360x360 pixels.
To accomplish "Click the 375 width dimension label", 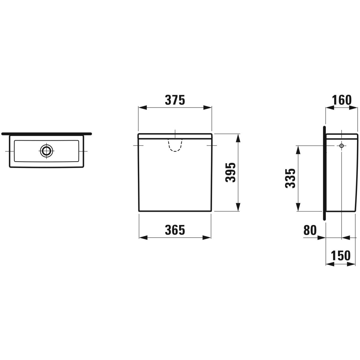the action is point(175,100).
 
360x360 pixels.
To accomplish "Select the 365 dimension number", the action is point(175,230).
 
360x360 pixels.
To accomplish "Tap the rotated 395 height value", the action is point(230,172).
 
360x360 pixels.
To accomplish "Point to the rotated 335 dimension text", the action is point(290,178).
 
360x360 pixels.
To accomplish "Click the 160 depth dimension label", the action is point(342,100).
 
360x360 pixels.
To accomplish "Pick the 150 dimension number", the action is point(340,256).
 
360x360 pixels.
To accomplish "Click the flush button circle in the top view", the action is point(46,151).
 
